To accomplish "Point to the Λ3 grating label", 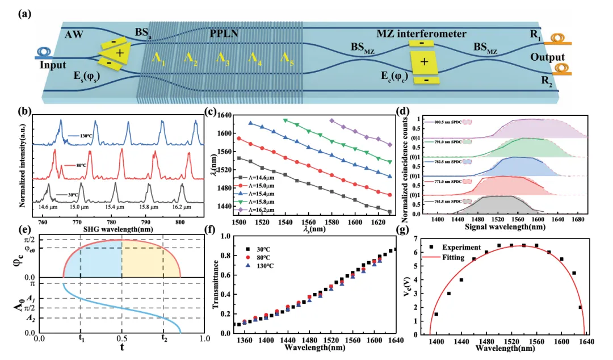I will pyautogui.click(x=222, y=58).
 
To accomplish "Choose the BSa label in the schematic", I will pyautogui.click(x=145, y=34).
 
